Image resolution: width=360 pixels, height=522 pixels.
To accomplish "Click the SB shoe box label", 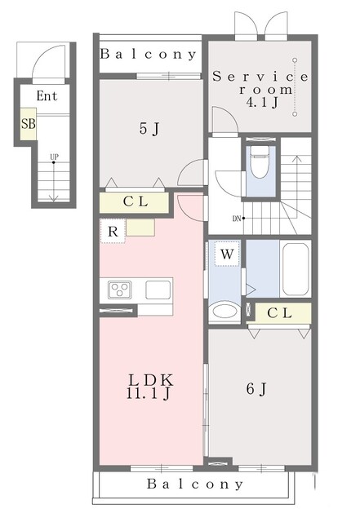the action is tap(28, 124).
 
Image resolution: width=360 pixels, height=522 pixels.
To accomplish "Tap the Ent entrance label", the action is tap(47, 96).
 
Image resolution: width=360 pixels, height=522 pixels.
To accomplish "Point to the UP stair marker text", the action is tap(54, 157).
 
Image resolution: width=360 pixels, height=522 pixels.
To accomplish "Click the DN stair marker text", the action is tap(237, 219).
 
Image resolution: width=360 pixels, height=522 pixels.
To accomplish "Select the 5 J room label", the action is tap(149, 128).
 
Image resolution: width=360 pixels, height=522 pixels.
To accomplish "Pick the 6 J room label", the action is tap(256, 388).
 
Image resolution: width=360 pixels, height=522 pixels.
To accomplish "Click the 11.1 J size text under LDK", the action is tap(149, 394).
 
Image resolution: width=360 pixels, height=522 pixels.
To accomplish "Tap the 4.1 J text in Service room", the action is tap(262, 103).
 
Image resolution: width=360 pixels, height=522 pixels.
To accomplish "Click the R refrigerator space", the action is tap(113, 231).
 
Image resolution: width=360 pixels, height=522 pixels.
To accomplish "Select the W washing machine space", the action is tap(227, 254).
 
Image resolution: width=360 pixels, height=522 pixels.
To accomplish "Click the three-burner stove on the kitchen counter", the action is tap(119, 290).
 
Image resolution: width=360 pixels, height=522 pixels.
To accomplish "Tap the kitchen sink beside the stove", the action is tap(158, 290).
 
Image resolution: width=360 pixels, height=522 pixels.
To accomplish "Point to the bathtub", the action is tap(296, 269).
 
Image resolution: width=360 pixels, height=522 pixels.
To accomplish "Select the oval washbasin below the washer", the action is tap(224, 312).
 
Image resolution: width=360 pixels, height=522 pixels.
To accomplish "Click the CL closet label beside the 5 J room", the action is tap(136, 201).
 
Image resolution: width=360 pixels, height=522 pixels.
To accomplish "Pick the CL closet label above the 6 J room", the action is tap(279, 312).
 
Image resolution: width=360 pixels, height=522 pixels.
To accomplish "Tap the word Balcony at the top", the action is tap(149, 54).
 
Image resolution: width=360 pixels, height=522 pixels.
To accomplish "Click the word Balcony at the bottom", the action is tap(195, 484).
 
